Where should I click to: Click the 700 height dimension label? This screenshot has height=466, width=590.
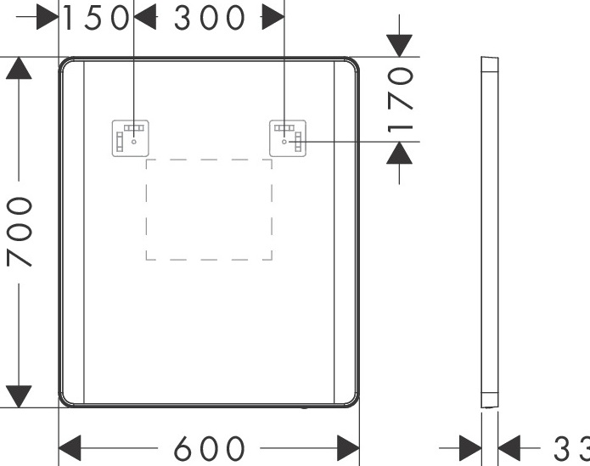(x=20, y=231)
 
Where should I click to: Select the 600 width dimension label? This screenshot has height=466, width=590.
(x=209, y=448)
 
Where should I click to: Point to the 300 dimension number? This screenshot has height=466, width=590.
(x=210, y=18)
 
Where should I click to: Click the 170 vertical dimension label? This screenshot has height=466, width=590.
(x=400, y=99)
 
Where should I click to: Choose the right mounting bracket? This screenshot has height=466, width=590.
(x=288, y=138)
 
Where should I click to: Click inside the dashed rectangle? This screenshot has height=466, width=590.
(x=209, y=209)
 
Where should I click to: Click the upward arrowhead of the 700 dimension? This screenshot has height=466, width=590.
(x=19, y=69)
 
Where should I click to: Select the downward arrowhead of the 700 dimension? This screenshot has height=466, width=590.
(x=19, y=396)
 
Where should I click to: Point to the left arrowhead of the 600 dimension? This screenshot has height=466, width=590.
(x=70, y=447)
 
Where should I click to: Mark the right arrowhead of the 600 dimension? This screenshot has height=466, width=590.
(x=348, y=447)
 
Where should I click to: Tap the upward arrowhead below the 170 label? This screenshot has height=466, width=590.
(x=399, y=153)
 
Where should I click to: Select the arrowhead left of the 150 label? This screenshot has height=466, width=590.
(x=48, y=18)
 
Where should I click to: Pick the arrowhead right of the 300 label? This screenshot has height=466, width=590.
(x=273, y=18)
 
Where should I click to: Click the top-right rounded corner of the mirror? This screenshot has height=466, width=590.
(x=351, y=65)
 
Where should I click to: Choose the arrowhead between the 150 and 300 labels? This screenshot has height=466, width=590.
(x=145, y=18)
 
